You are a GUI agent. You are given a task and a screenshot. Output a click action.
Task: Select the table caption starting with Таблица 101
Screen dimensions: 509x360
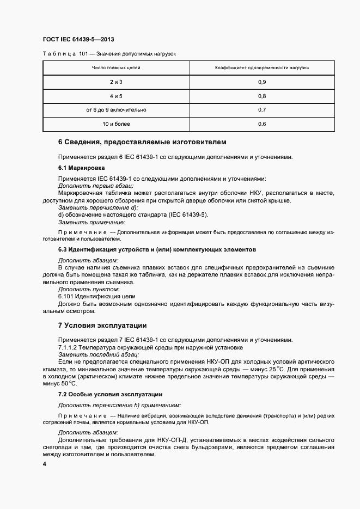tap(108, 54)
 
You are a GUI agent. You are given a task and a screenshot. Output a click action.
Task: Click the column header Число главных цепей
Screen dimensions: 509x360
tap(116, 68)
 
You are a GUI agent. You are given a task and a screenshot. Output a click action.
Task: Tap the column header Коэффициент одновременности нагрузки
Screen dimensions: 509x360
tap(262, 68)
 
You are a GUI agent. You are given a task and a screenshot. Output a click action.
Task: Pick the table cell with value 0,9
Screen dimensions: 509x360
tap(262, 82)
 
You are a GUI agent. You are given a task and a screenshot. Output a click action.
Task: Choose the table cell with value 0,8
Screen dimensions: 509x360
tap(262, 96)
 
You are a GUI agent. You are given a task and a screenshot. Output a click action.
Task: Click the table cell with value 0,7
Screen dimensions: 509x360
tap(262, 110)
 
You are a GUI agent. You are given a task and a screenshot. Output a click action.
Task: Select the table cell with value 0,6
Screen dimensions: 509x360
tap(262, 124)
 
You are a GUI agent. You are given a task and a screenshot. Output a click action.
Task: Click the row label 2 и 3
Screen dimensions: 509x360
tap(116, 82)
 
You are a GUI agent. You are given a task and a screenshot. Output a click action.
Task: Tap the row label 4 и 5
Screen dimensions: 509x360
tap(116, 96)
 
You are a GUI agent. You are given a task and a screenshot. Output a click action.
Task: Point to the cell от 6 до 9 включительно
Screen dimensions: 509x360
tap(116, 110)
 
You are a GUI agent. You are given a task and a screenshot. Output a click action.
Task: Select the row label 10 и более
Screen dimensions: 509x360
tap(116, 124)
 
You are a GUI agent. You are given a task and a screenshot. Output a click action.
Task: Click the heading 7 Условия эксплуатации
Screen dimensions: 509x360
tap(102, 326)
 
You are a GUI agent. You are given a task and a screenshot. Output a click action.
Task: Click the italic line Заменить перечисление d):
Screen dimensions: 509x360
tap(90, 207)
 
